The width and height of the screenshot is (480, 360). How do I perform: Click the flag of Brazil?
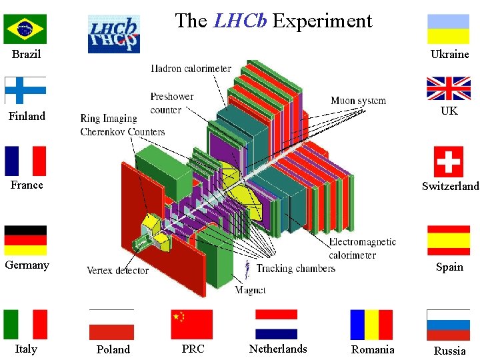(x=25, y=29)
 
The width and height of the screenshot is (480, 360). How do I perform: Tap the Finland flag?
(x=25, y=91)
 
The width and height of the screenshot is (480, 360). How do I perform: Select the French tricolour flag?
(x=25, y=161)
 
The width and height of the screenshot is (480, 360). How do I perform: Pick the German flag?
(x=25, y=240)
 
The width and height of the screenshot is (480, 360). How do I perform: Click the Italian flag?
(x=25, y=325)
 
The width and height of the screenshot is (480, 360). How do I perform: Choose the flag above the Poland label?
(x=111, y=325)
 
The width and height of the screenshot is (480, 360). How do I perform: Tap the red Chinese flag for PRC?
(x=192, y=325)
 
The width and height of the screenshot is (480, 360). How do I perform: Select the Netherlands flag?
(x=276, y=325)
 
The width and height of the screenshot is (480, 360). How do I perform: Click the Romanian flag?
(x=371, y=325)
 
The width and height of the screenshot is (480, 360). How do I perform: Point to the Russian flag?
(x=449, y=325)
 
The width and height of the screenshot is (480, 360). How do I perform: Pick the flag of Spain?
(x=449, y=240)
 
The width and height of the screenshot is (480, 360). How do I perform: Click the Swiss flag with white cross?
(x=449, y=161)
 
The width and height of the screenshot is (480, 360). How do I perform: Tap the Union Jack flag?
(x=449, y=88)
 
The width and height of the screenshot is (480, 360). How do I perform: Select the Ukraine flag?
(x=449, y=29)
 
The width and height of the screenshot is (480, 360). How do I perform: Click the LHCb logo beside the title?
(x=114, y=34)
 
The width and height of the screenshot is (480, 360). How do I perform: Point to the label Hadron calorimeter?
(x=191, y=68)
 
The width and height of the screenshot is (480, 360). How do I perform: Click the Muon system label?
(x=358, y=101)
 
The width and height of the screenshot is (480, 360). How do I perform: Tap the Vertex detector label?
(x=117, y=270)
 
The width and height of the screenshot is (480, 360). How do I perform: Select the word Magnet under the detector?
(x=251, y=290)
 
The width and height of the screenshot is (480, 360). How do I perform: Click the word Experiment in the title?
(x=322, y=21)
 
